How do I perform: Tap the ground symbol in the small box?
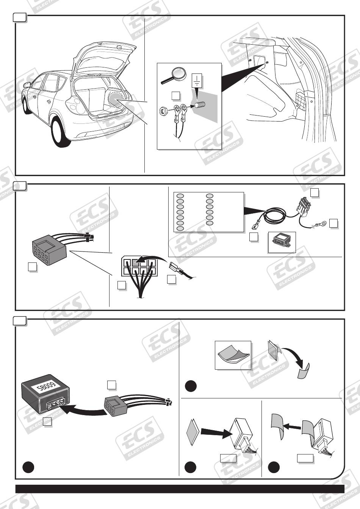pos(197,81)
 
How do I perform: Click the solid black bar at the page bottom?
pos(180,489)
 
